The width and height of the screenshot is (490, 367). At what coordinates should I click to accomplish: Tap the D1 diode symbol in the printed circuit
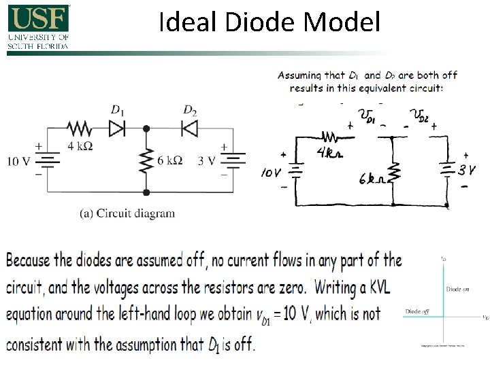click(x=117, y=127)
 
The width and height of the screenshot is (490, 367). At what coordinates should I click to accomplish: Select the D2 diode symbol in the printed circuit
click(x=189, y=127)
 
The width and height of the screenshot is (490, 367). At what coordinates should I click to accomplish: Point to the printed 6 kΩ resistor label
click(x=169, y=160)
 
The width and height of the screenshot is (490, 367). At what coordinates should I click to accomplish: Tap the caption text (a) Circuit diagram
click(x=127, y=213)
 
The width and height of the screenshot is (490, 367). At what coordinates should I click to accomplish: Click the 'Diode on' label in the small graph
click(x=458, y=289)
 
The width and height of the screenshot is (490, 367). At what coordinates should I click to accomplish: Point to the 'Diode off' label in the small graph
click(x=418, y=311)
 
